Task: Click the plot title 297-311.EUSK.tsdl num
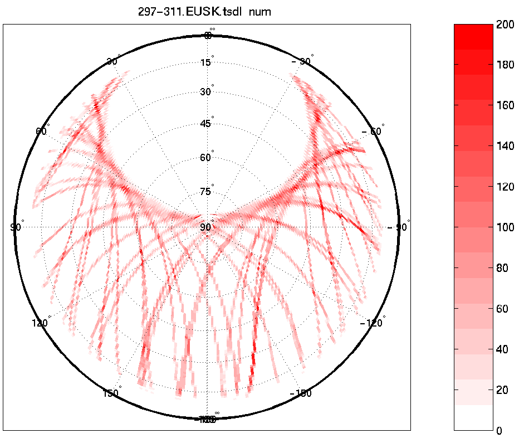point(204,12)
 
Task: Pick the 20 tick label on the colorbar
point(503,390)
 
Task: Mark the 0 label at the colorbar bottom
point(500,431)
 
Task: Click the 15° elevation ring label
point(206,62)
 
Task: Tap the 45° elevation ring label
point(206,124)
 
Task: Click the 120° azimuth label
point(41,323)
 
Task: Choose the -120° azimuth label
point(373,323)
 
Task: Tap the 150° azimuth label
point(111,393)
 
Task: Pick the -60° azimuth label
point(373,132)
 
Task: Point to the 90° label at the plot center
point(206,227)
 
